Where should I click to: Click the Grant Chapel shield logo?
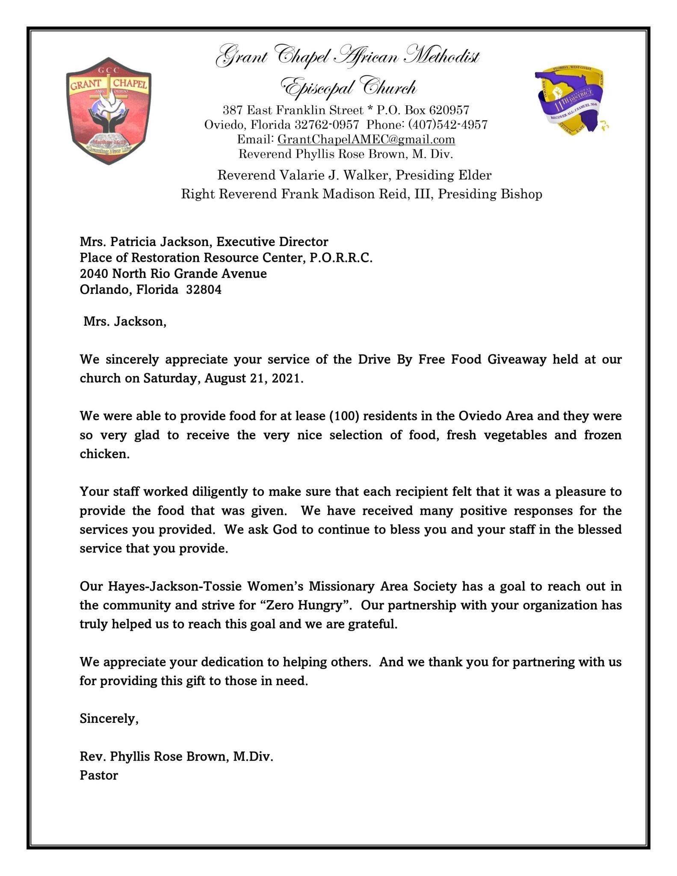tap(109, 111)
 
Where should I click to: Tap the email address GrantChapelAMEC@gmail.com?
tap(366, 139)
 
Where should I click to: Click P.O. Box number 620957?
tap(449, 110)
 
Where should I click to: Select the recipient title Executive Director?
tap(272, 242)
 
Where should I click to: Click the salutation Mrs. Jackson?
tap(125, 322)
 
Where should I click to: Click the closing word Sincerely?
tap(109, 719)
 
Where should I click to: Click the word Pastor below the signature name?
tap(99, 775)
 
